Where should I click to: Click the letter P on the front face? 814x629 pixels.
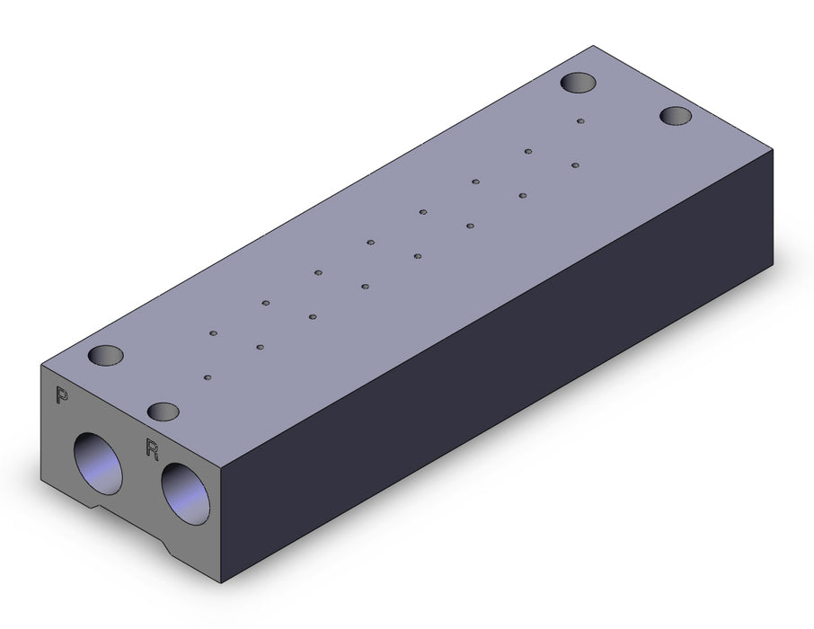pyautogui.click(x=62, y=395)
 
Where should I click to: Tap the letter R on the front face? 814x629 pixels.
pyautogui.click(x=152, y=448)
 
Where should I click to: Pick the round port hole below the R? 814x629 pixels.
pyautogui.click(x=185, y=494)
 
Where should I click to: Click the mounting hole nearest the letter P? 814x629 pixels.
pyautogui.click(x=105, y=355)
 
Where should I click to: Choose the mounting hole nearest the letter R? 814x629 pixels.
pyautogui.click(x=163, y=412)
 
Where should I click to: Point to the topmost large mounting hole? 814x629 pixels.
pyautogui.click(x=578, y=83)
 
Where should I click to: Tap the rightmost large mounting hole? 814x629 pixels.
pyautogui.click(x=677, y=115)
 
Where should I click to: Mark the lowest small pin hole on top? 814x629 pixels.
pyautogui.click(x=208, y=377)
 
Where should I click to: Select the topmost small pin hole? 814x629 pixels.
pyautogui.click(x=580, y=121)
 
